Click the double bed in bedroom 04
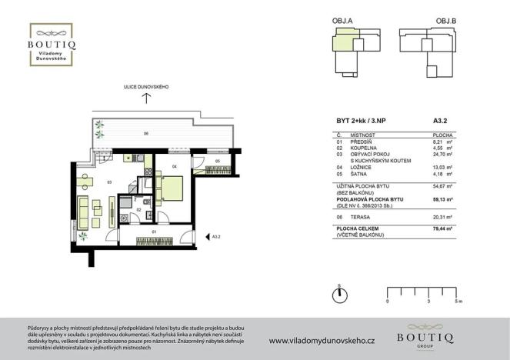(x=172, y=187)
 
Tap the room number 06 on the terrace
(x=145, y=135)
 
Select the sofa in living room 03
(x=84, y=207)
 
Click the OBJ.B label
(x=448, y=21)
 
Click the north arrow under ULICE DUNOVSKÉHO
(x=146, y=101)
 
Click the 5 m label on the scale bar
(x=458, y=302)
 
